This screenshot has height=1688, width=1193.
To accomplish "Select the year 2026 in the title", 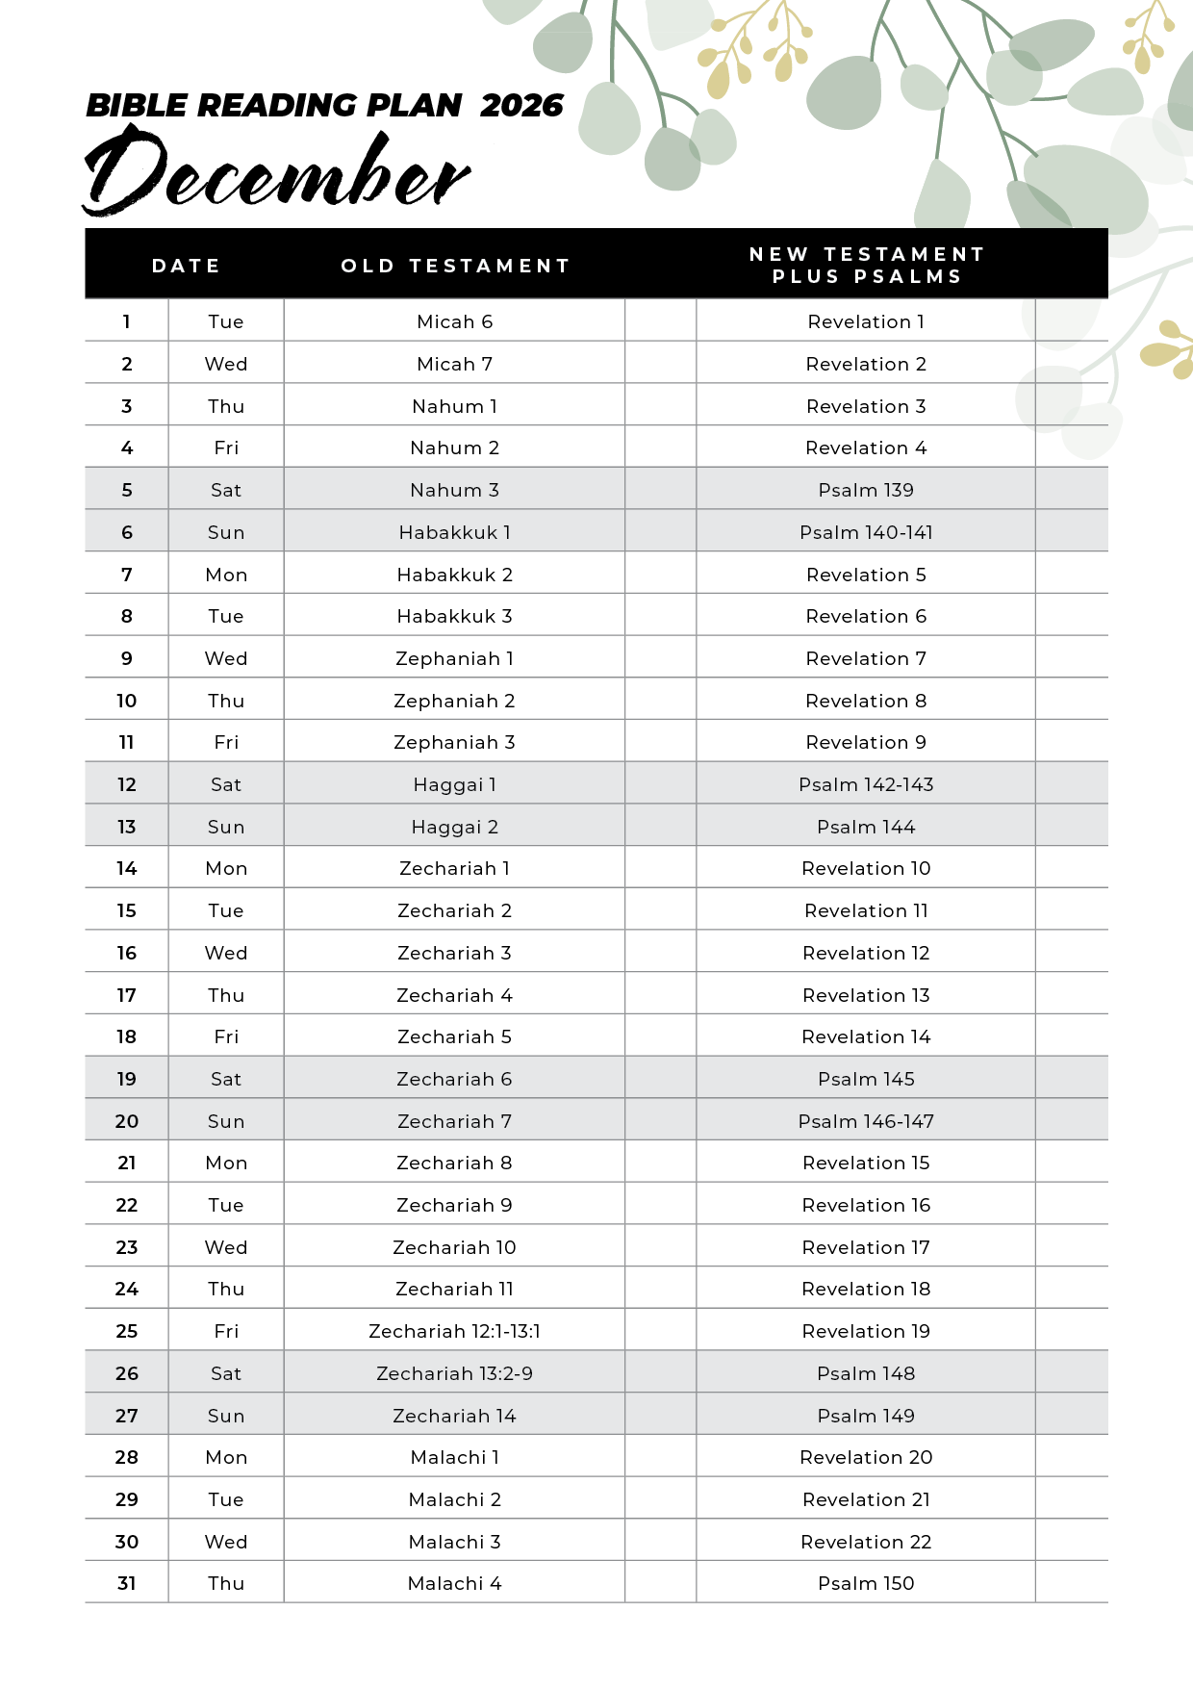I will point(521,105).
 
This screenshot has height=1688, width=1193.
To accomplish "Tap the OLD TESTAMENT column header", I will point(456,266).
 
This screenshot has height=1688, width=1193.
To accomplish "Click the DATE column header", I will point(187,266).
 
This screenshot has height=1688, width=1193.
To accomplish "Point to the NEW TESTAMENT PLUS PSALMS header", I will point(867,265).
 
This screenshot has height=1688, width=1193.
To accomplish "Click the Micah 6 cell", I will point(454,321).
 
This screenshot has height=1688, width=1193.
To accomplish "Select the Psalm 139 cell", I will point(866,490).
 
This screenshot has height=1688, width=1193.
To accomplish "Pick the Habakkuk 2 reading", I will point(454,575).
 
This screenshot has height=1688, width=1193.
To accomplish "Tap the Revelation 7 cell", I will point(866,658).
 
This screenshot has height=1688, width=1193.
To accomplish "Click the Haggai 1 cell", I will point(454,784).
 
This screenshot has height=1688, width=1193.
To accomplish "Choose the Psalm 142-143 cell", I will point(866,784).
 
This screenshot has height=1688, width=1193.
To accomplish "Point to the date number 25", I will point(127,1331).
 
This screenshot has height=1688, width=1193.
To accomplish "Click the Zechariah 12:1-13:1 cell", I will point(454,1331).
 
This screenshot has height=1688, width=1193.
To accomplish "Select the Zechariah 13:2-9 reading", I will point(454,1373).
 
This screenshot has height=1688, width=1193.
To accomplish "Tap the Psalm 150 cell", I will point(866,1583).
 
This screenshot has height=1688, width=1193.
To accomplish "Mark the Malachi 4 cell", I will point(454,1583).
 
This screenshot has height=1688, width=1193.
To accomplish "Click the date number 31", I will point(127,1583).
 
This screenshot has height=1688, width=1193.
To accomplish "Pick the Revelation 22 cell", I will point(866,1542).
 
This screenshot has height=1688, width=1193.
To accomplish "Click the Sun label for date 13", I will point(226,827).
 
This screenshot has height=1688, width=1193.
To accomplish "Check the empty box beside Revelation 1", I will point(1071,321).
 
